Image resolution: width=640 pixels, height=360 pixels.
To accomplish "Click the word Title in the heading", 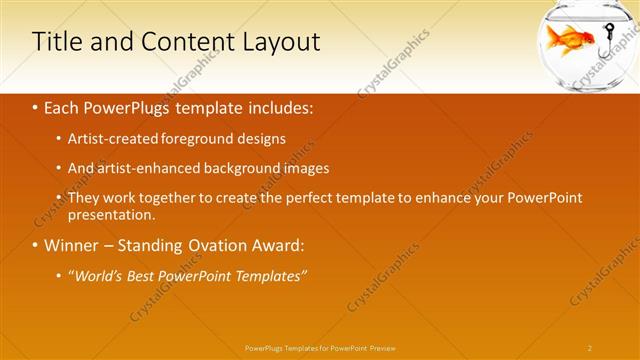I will click(x=56, y=42).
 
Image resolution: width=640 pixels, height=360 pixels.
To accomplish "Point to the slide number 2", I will click(x=590, y=347).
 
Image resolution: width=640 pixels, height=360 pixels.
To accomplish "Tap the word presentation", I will click(x=111, y=214).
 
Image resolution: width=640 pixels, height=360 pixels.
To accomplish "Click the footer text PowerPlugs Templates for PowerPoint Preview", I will click(x=320, y=347).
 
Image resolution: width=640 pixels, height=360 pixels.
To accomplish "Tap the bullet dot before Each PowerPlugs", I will click(x=36, y=106).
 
